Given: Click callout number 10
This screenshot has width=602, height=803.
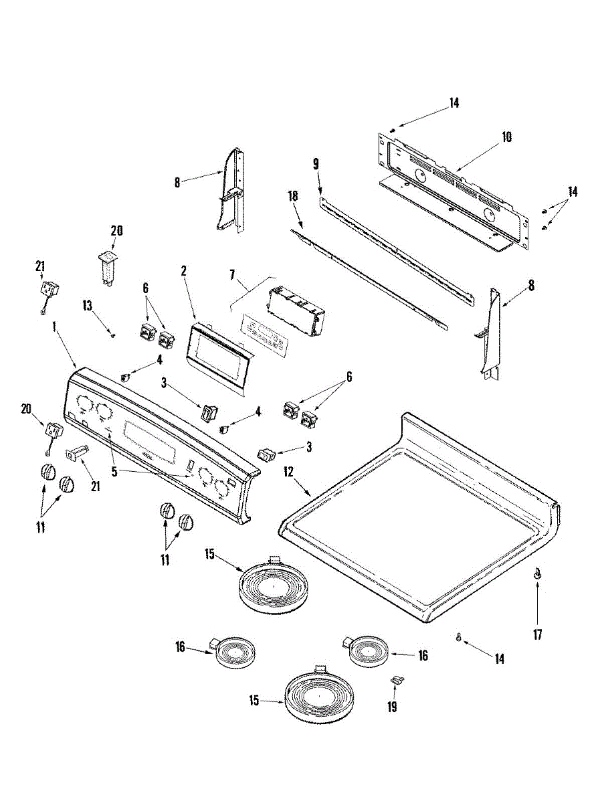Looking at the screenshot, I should [506, 137].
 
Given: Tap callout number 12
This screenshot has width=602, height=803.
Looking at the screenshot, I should [288, 472].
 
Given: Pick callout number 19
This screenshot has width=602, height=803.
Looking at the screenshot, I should [392, 706].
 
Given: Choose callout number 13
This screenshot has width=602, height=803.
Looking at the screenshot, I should [86, 306].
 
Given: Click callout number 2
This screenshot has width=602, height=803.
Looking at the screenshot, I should [183, 271].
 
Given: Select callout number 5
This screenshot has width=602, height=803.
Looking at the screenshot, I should [114, 472].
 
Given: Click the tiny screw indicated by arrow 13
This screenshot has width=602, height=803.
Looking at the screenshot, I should [112, 335].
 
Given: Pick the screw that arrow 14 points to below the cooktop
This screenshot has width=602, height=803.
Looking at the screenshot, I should [458, 637].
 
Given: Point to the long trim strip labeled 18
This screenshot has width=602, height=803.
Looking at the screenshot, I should [375, 276].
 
